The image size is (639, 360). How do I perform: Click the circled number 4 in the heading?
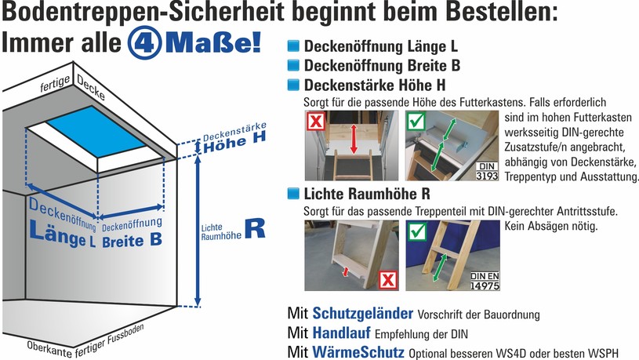pyautogui.click(x=145, y=43)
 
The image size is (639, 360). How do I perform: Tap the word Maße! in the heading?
pyautogui.click(x=213, y=43)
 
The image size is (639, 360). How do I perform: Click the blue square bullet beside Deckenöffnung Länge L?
pyautogui.click(x=293, y=45)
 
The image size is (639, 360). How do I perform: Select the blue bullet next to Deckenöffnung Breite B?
pyautogui.click(x=293, y=65)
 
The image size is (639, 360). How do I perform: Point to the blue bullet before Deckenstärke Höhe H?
pyautogui.click(x=293, y=85)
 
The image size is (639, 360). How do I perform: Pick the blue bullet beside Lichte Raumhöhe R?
pyautogui.click(x=293, y=193)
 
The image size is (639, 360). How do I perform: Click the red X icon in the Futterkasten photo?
pyautogui.click(x=316, y=121)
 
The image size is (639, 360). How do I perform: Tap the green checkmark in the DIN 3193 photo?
pyautogui.click(x=416, y=121)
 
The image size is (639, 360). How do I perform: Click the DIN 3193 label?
pyautogui.click(x=487, y=171)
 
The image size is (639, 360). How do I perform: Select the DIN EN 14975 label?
pyautogui.click(x=485, y=281)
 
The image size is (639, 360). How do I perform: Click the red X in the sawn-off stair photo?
pyautogui.click(x=388, y=280)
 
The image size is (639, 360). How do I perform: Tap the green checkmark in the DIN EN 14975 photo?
pyautogui.click(x=417, y=231)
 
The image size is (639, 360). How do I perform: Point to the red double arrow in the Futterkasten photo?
pyautogui.click(x=354, y=139)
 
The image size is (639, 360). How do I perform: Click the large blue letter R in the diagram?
pyautogui.click(x=255, y=228)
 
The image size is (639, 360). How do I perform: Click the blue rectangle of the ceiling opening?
pyautogui.click(x=96, y=131)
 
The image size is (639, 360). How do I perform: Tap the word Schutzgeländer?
pyautogui.click(x=363, y=313)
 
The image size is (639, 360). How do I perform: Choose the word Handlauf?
pyautogui.click(x=342, y=333)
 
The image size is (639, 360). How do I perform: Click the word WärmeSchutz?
pyautogui.click(x=358, y=352)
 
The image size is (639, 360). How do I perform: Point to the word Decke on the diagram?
pyautogui.click(x=90, y=88)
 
